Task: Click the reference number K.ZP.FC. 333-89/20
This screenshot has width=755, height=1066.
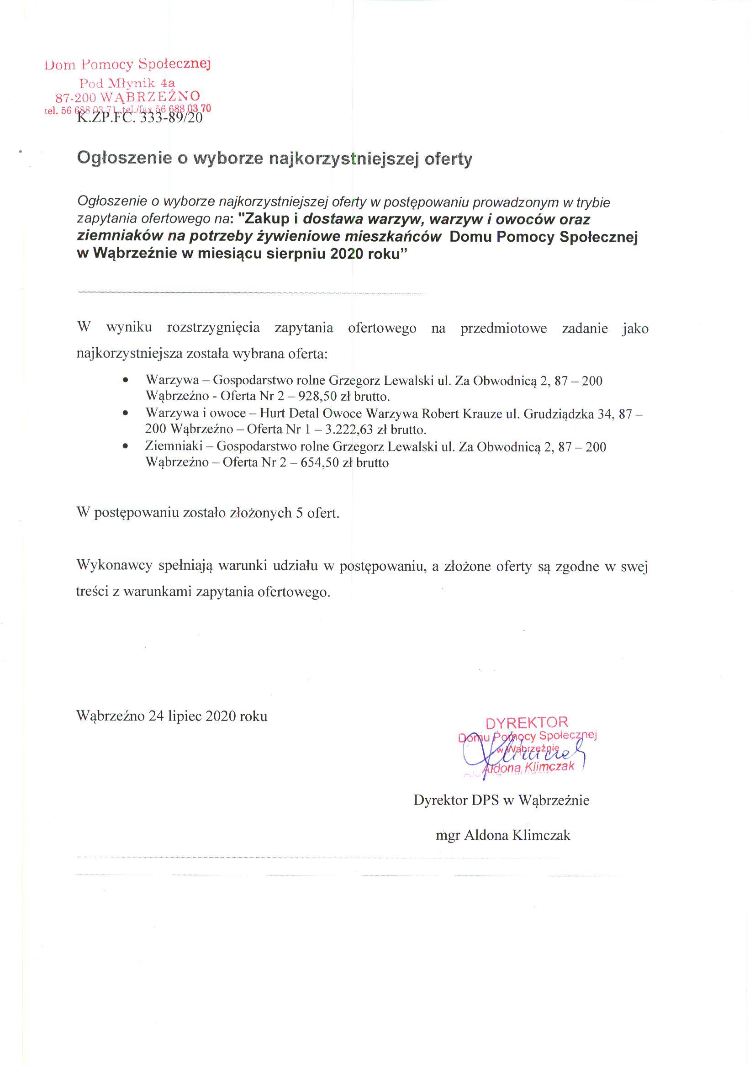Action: (139, 118)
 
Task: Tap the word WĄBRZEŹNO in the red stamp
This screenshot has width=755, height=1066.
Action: (150, 97)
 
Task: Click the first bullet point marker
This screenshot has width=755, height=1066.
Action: (125, 381)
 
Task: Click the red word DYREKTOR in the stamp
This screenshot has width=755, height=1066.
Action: (526, 722)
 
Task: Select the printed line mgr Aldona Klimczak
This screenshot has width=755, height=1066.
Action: (502, 835)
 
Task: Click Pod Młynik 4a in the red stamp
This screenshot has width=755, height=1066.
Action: (127, 83)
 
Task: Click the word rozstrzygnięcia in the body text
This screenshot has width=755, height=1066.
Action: (213, 328)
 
